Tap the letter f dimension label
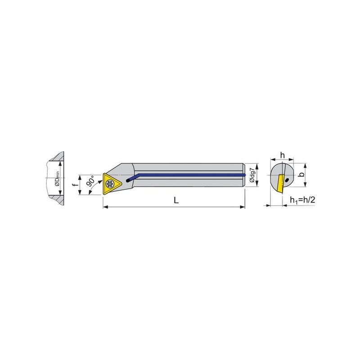(74, 184)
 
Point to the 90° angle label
(90, 181)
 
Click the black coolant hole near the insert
(128, 181)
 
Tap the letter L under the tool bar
(176, 200)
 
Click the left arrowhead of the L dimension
(105, 207)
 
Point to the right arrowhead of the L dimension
(243, 207)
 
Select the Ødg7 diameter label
(252, 175)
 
